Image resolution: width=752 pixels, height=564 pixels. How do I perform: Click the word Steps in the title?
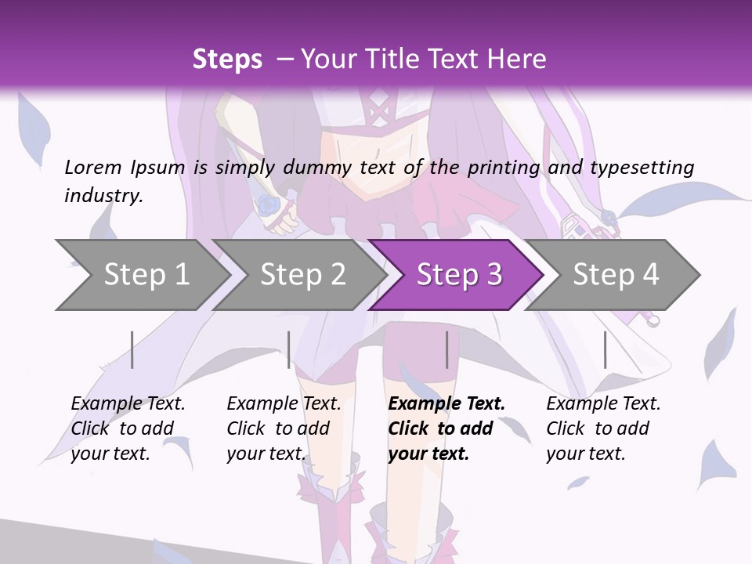pos(227,60)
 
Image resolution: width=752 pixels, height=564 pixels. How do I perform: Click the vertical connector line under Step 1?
pos(132,349)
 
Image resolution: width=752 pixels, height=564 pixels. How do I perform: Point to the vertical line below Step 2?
pos(289,349)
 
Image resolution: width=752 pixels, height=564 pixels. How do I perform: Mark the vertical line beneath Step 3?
pos(447,349)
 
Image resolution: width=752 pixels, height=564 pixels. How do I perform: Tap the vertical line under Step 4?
pos(605,349)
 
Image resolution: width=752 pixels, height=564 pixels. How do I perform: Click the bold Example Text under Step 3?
pos(445,428)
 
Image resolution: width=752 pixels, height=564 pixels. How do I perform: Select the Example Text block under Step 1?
pos(127,428)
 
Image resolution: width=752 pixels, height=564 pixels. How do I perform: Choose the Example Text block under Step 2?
pos(283,428)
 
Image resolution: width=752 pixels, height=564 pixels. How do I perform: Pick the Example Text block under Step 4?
pos(602,428)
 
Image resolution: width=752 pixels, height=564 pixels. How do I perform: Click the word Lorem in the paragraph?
pos(93,167)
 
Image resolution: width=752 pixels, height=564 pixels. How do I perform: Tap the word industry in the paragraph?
pos(103,195)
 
